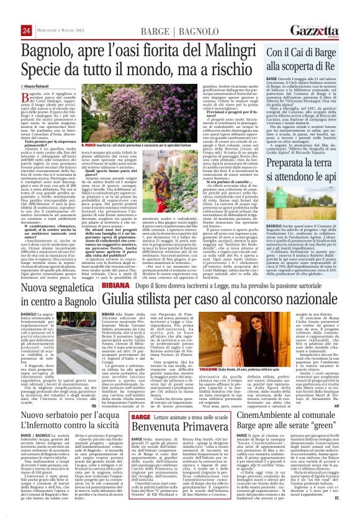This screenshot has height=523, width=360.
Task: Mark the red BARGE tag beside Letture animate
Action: (124, 416)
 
